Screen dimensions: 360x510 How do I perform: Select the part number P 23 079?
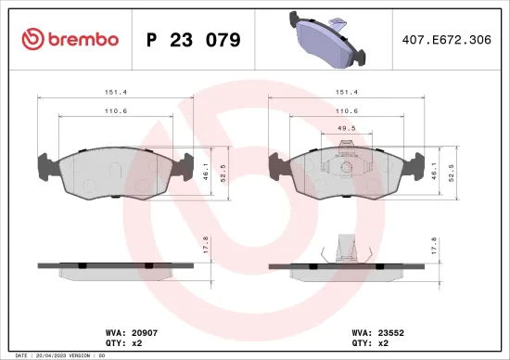tap(194, 40)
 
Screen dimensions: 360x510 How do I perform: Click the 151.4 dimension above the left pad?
tap(115, 92)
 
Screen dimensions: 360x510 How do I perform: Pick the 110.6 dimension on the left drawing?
tap(115, 111)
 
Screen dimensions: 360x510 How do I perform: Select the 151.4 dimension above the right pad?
tap(346, 92)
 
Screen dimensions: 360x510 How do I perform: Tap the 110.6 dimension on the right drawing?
tap(346, 111)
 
